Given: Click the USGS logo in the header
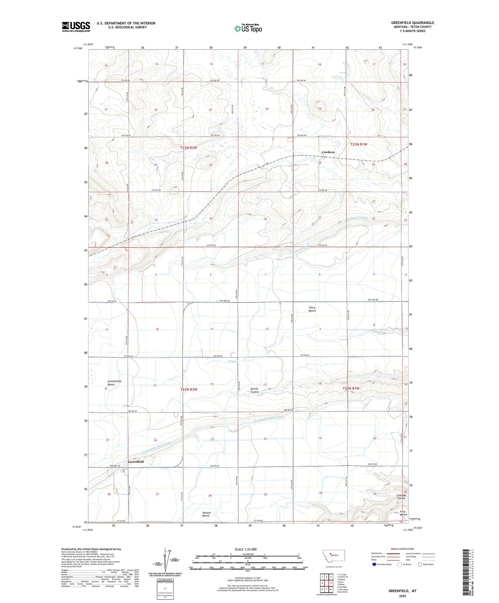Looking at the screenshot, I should pyautogui.click(x=76, y=27).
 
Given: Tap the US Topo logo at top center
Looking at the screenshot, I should pyautogui.click(x=248, y=28).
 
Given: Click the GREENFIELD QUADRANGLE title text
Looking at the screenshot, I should pyautogui.click(x=412, y=23).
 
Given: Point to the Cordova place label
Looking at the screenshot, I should pyautogui.click(x=328, y=152).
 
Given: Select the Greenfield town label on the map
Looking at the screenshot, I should pyautogui.click(x=136, y=461).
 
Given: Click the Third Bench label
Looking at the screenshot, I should pyautogui.click(x=312, y=309).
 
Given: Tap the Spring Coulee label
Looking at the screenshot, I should pyautogui.click(x=255, y=390).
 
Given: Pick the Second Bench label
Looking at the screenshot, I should pyautogui.click(x=206, y=514).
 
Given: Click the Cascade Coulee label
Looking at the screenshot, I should pyautogui.click(x=401, y=497).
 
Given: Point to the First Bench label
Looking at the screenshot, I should pyautogui.click(x=403, y=513).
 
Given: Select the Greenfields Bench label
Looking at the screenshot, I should pyautogui.click(x=114, y=383).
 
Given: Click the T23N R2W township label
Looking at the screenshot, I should pyautogui.click(x=189, y=148).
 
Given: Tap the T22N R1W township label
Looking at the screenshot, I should pyautogui.click(x=351, y=388).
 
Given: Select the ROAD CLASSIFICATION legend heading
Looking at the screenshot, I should pyautogui.click(x=402, y=549).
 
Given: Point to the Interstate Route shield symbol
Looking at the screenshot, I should pyautogui.click(x=374, y=564).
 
